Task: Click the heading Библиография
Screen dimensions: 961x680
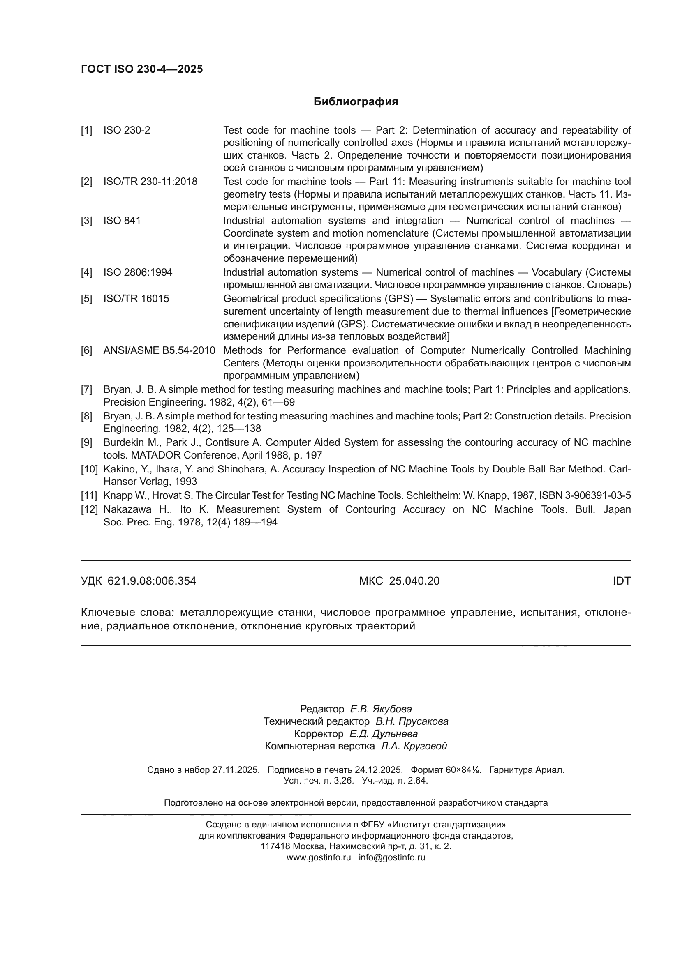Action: pos(356,102)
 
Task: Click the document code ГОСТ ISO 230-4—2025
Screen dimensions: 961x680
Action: pos(142,69)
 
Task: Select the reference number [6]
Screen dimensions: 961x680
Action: pos(86,350)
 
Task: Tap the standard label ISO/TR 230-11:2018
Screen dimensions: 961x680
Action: pos(150,182)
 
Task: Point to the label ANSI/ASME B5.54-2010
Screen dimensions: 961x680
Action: pos(159,350)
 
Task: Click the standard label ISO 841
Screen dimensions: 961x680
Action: pos(122,221)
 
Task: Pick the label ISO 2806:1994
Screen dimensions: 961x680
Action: pos(138,272)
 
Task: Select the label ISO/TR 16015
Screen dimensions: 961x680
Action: pos(136,299)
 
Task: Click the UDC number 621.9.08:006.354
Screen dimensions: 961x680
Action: pos(152,581)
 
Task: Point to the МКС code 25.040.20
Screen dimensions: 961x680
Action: pos(414,581)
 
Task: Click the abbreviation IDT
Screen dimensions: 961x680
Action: pos(621,581)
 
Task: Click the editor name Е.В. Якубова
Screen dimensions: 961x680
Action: pos(381,709)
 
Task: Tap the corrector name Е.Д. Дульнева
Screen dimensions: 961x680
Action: pos(383,734)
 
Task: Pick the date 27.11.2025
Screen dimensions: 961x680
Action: pos(236,770)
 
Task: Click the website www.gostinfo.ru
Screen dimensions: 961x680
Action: pos(319,857)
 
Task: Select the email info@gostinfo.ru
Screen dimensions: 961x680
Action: pos(392,857)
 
